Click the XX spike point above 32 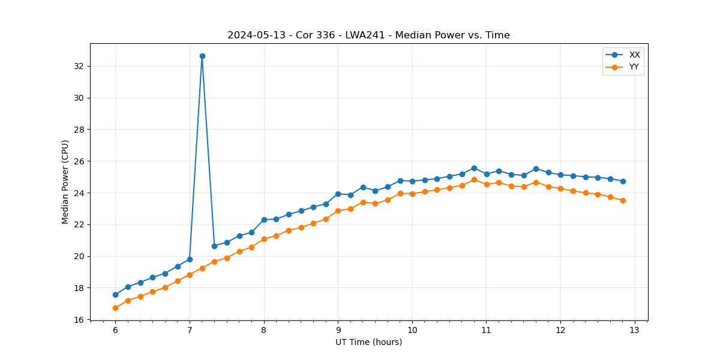tap(202, 56)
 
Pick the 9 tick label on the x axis tap(338, 330)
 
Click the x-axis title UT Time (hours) tap(368, 342)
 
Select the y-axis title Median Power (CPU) tap(65, 182)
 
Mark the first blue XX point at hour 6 tap(115, 295)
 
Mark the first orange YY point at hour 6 tap(115, 308)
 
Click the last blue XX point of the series tap(623, 181)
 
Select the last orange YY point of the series tap(623, 200)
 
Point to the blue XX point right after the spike tap(214, 246)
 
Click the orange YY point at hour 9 tap(338, 211)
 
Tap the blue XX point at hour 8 tap(264, 220)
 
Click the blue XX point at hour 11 tap(487, 174)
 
